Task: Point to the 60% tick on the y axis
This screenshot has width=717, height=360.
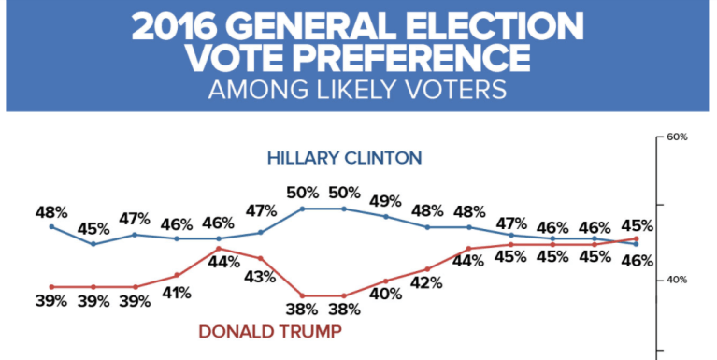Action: click(x=677, y=137)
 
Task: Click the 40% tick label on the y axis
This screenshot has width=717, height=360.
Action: click(x=677, y=280)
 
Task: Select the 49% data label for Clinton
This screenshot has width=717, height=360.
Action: click(x=385, y=200)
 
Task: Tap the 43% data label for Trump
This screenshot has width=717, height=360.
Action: click(x=260, y=277)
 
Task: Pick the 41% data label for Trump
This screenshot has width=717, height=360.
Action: click(x=176, y=293)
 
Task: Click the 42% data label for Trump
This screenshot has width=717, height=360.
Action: click(x=427, y=282)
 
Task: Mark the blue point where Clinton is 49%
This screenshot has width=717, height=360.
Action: click(x=385, y=216)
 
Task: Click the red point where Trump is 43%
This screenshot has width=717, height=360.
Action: click(x=260, y=258)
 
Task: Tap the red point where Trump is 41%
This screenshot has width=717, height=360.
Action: click(x=176, y=275)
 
